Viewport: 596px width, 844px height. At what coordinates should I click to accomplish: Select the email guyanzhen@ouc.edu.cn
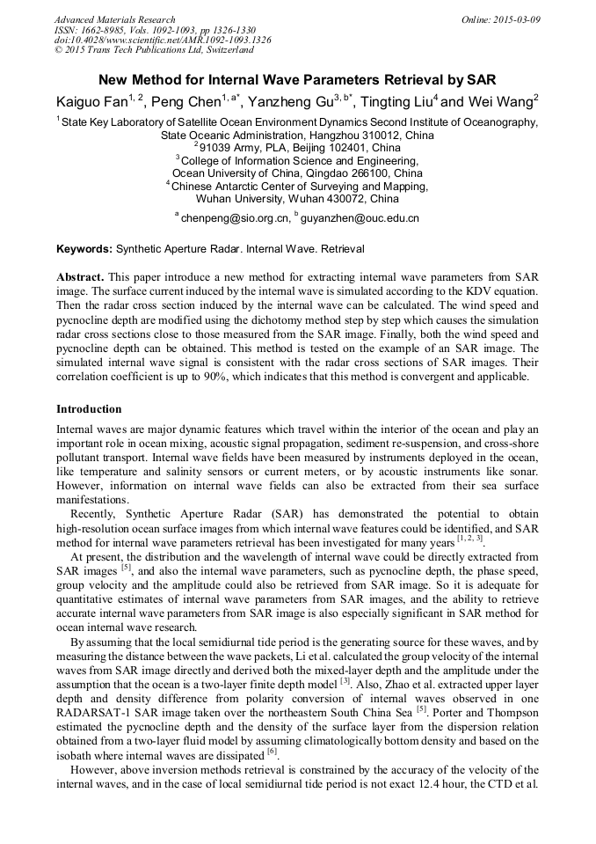(361, 217)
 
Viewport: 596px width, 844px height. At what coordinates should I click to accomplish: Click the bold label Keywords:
(84, 249)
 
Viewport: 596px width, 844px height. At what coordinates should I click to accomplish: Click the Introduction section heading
(90, 409)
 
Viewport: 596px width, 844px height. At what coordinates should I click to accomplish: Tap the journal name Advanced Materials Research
(115, 19)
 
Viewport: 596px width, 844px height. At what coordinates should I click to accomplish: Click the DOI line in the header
(163, 40)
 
